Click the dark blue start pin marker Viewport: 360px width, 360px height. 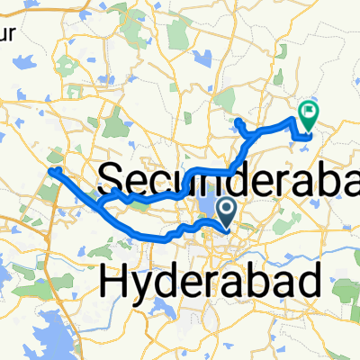pos(225,211)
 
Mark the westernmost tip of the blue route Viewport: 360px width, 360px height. pos(51,170)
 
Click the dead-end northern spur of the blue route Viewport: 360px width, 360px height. pos(236,121)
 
